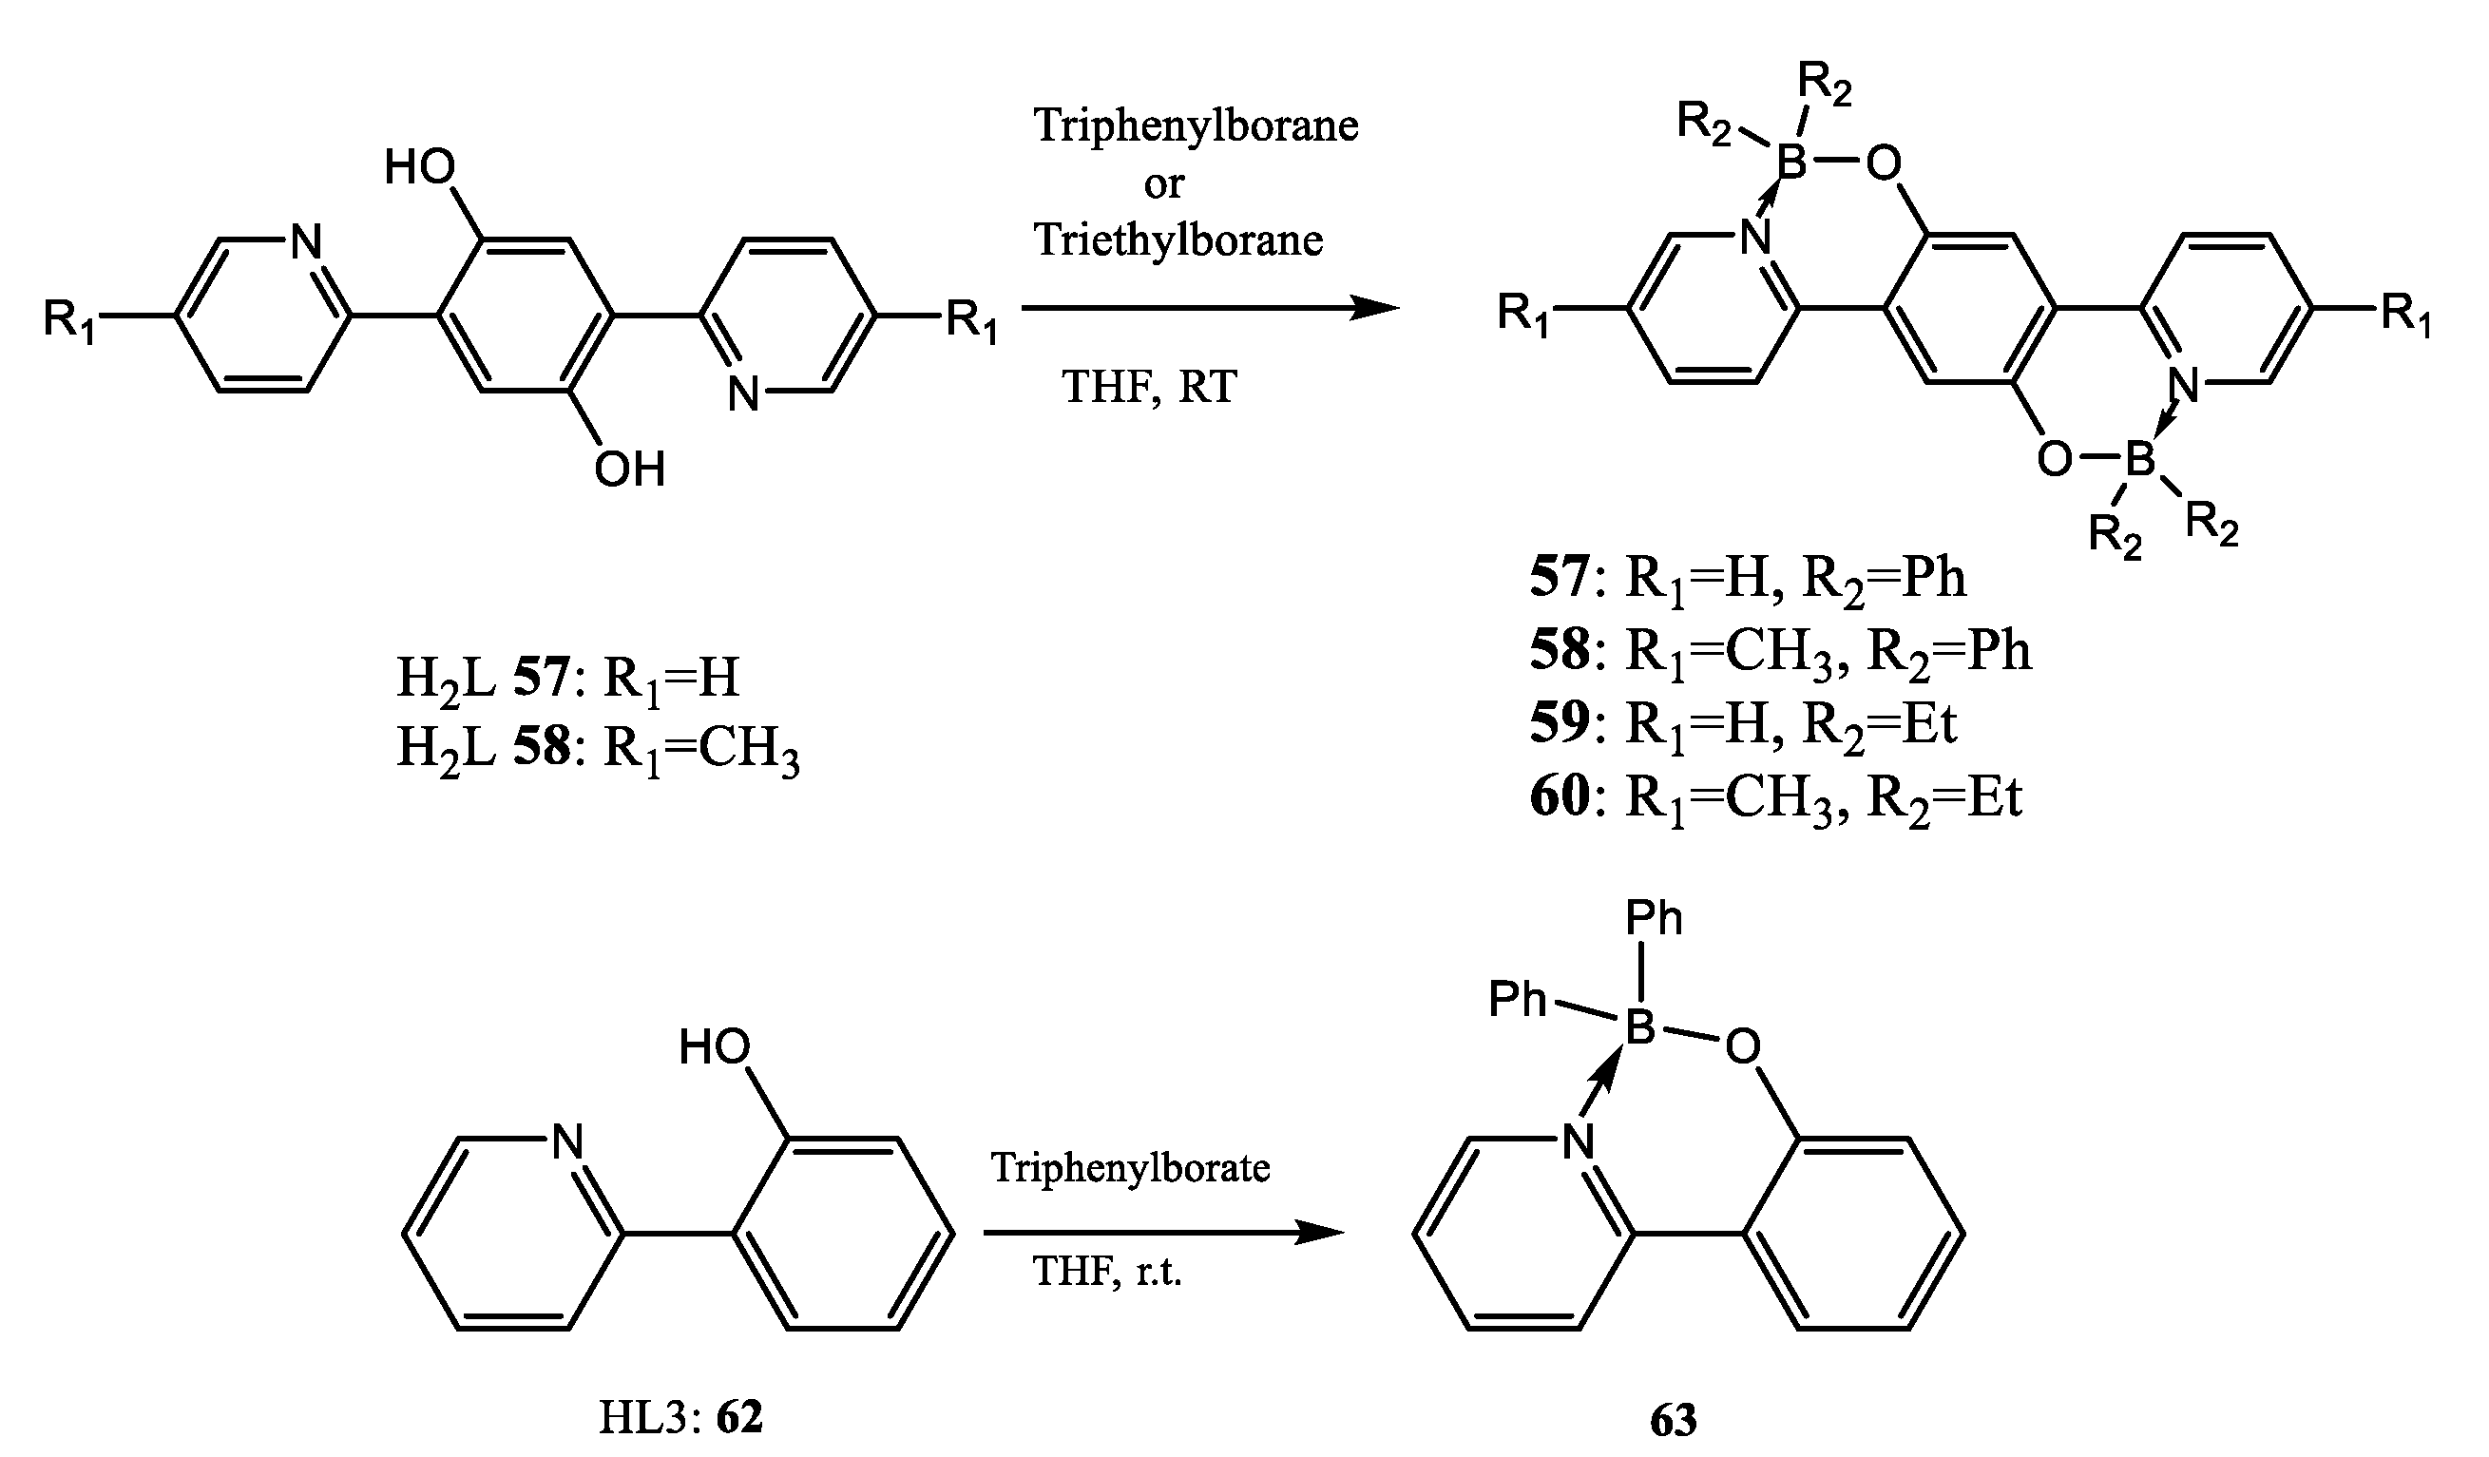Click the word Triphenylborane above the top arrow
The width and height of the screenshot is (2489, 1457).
coord(1196,126)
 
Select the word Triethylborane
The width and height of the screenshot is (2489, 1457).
coord(1178,240)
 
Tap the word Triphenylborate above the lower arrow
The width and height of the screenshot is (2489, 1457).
coord(1131,1167)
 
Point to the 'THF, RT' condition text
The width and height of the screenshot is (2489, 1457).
coord(1150,386)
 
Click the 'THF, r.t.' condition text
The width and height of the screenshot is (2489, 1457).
coord(1107,1272)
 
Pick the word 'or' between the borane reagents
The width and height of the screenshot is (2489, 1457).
coord(1164,183)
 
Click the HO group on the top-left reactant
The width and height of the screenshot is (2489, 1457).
coord(420,168)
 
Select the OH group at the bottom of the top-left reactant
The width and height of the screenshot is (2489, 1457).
coord(630,470)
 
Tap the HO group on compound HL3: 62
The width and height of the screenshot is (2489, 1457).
coord(714,1047)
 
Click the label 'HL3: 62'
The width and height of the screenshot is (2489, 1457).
coord(681,1418)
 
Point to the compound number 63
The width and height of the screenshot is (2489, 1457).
coord(1674,1421)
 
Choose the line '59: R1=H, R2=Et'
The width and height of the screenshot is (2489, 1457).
coord(1743,724)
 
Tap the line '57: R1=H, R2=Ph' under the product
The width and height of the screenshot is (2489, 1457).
coord(1749,578)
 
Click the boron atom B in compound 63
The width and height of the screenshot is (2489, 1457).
coord(1639,1028)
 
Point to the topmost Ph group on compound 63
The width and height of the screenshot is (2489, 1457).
coord(1654,919)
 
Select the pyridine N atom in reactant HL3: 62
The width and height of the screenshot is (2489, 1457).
coord(568,1141)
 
